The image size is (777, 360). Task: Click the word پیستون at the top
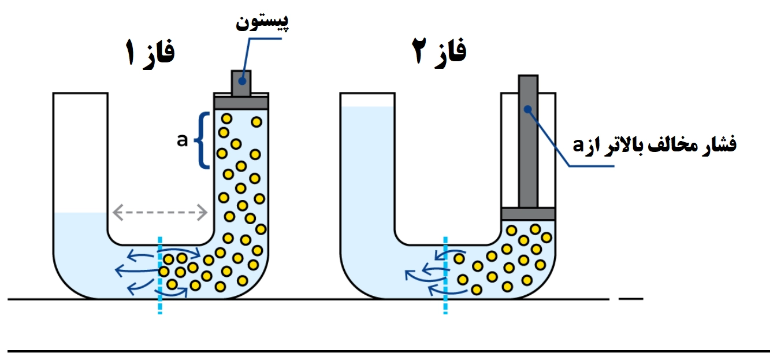point(262,22)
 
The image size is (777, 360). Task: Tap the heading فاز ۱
point(150,53)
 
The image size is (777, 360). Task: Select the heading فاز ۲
point(439,52)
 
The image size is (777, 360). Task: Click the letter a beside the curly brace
point(182,140)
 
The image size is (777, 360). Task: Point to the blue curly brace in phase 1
point(202,140)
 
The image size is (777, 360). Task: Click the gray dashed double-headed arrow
point(160,212)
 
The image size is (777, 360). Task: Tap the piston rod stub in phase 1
point(241,83)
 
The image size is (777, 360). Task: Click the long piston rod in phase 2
point(528,142)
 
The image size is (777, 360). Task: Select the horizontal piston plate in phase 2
point(528,214)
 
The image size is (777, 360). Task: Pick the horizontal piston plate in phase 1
point(241,103)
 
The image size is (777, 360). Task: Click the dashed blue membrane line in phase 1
point(160,276)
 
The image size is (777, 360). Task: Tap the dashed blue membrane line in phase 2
point(445,276)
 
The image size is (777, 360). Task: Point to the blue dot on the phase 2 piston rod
point(527,110)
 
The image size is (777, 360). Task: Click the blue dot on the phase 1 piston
point(242,81)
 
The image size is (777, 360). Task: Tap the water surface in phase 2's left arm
point(367,107)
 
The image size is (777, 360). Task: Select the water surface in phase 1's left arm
point(80,213)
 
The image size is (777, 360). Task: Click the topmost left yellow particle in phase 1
point(226,118)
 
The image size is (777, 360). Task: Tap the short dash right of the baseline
point(631,299)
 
